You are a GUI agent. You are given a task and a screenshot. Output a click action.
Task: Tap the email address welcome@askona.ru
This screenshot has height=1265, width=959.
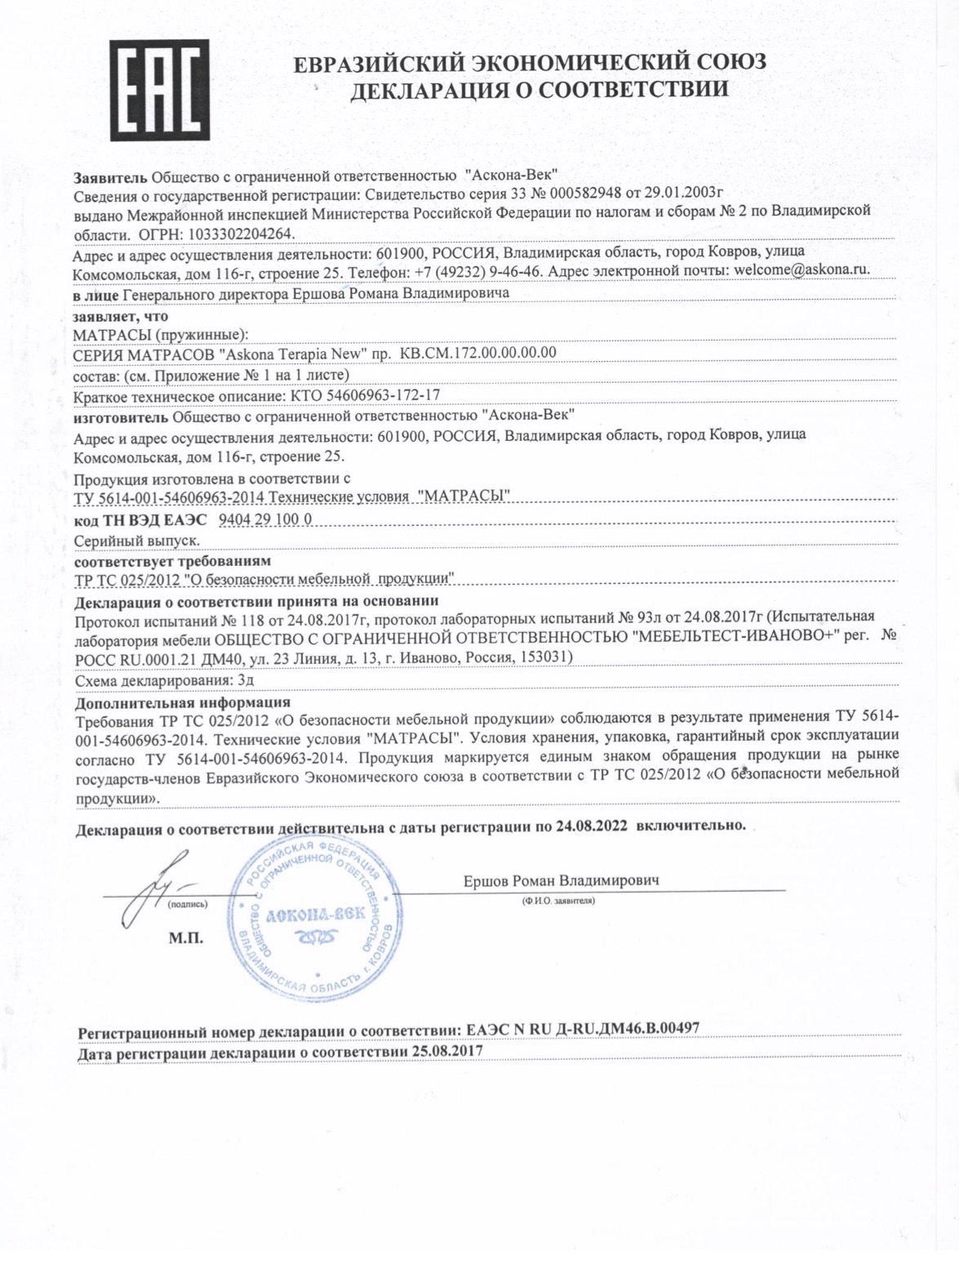pyautogui.click(x=802, y=269)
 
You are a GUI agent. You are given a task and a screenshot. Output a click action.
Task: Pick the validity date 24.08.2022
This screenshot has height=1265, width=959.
pyautogui.click(x=593, y=826)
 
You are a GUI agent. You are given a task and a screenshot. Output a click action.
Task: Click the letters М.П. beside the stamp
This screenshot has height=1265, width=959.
pyautogui.click(x=186, y=938)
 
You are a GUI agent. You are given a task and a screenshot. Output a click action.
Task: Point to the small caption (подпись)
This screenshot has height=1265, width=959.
pyautogui.click(x=188, y=905)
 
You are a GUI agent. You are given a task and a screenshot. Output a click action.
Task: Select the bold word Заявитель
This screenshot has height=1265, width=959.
pyautogui.click(x=110, y=176)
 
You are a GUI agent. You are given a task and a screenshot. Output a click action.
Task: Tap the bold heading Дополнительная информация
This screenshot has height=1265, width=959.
pyautogui.click(x=183, y=702)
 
